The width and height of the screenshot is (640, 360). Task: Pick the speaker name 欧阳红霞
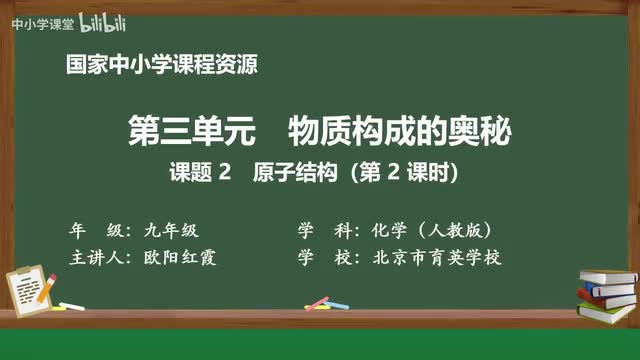186,257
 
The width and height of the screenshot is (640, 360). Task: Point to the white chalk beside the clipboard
72,305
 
